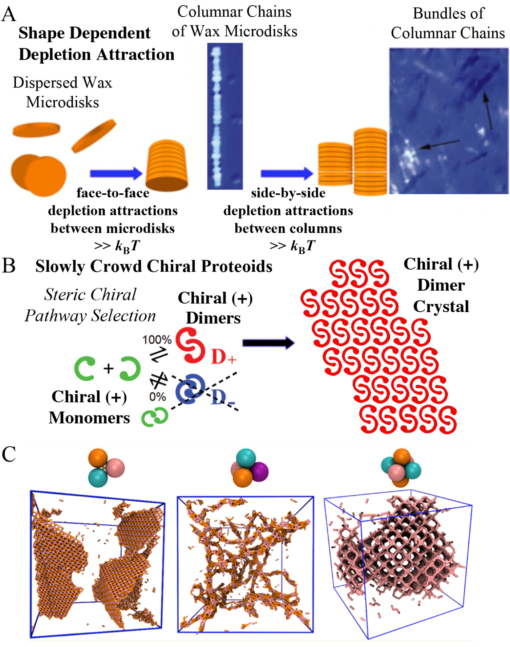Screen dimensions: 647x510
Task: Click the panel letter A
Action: (x=9, y=15)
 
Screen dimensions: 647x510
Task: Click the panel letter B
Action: (x=9, y=266)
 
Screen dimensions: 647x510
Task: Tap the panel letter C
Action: (x=9, y=454)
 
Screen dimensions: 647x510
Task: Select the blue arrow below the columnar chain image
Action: (x=287, y=173)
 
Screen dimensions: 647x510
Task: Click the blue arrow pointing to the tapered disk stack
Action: (x=116, y=173)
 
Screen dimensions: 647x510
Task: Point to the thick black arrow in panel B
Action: (x=268, y=343)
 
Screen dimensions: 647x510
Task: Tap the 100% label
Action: (x=157, y=340)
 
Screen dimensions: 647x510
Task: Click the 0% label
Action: (x=157, y=397)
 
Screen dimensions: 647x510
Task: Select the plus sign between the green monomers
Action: (x=108, y=368)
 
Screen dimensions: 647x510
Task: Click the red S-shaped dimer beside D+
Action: (x=190, y=345)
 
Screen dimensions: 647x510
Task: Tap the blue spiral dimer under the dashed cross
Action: (x=190, y=389)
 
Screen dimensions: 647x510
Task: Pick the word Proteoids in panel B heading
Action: (x=236, y=266)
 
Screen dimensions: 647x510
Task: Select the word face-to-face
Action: (x=113, y=193)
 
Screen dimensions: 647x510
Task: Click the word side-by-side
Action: (x=288, y=193)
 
